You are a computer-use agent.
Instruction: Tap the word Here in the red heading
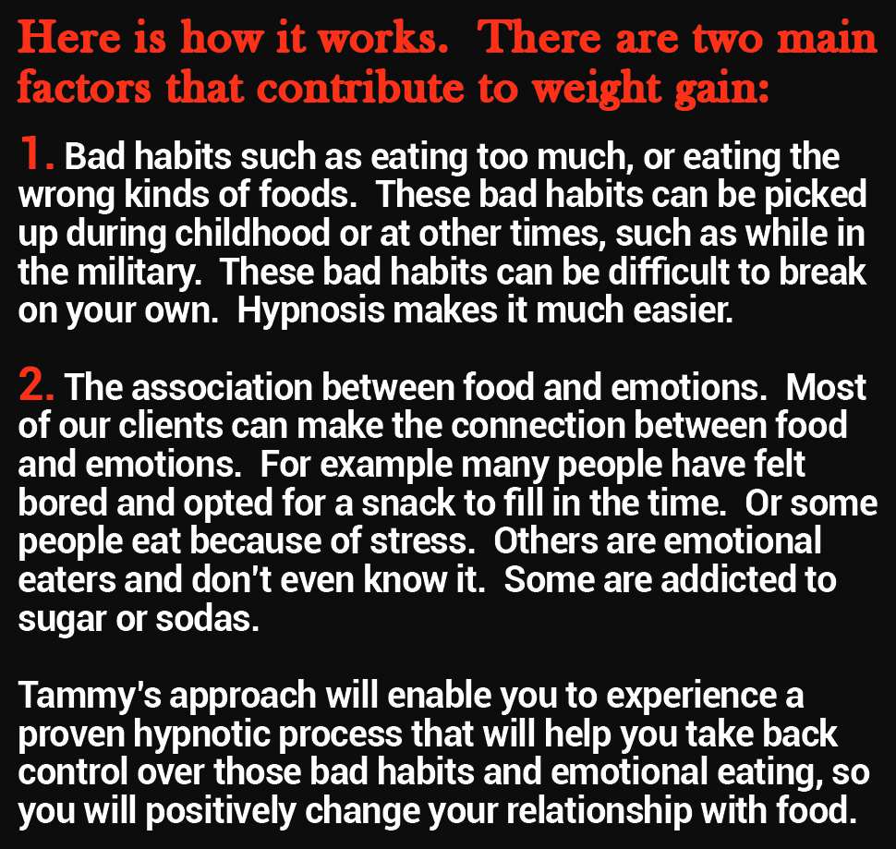[x=69, y=38]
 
